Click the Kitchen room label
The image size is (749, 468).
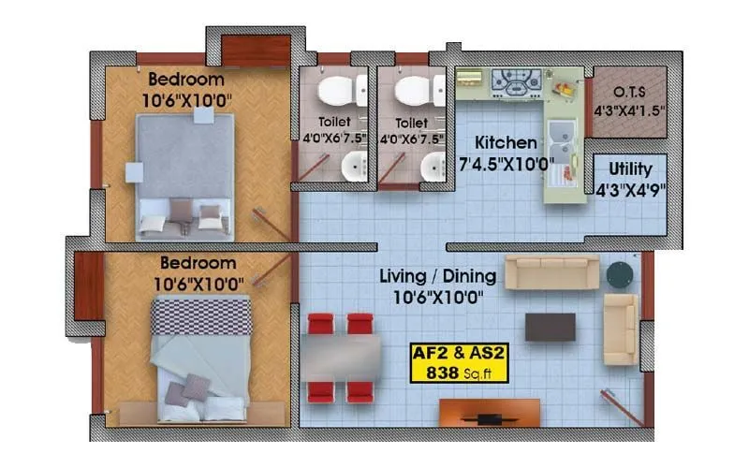(507, 144)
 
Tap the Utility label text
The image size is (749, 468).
(630, 170)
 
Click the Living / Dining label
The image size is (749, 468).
(431, 278)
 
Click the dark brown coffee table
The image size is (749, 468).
(550, 327)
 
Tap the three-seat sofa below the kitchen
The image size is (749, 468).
(551, 272)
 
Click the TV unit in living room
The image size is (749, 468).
(489, 412)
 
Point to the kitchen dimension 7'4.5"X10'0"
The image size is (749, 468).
(507, 165)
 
